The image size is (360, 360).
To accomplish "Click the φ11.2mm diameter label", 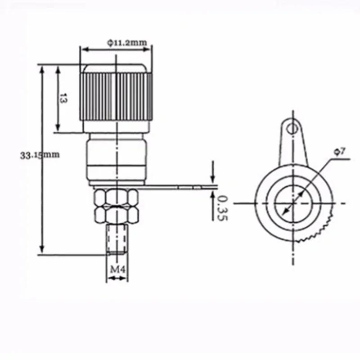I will click(x=127, y=42).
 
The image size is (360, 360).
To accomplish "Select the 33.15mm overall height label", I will click(x=40, y=155).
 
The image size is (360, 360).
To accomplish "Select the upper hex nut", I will click(x=116, y=197).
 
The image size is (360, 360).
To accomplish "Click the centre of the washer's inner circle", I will click(x=292, y=203).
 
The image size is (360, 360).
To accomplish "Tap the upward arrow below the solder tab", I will click(x=213, y=194).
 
